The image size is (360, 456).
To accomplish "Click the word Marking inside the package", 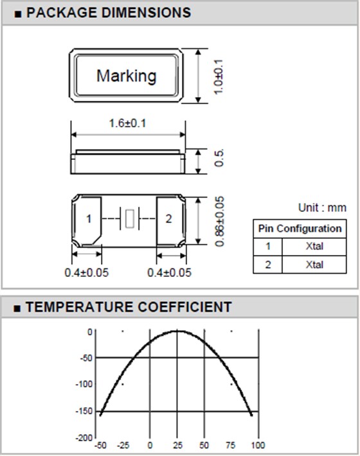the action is pyautogui.click(x=126, y=76).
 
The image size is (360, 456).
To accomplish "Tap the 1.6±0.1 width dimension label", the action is pyautogui.click(x=127, y=123).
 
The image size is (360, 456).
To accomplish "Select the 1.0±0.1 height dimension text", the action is pyautogui.click(x=219, y=77).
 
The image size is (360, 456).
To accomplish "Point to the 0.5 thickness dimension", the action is pyautogui.click(x=219, y=158).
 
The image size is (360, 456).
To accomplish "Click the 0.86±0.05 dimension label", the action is pyautogui.click(x=220, y=222).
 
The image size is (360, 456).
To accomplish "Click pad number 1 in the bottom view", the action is pyautogui.click(x=89, y=219).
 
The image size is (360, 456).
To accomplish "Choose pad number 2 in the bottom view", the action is pyautogui.click(x=169, y=219).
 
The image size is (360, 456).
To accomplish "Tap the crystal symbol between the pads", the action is pyautogui.click(x=129, y=219).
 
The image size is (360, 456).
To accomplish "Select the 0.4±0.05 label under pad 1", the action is pyautogui.click(x=86, y=273).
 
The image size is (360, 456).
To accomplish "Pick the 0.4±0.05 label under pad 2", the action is pyautogui.click(x=169, y=273).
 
